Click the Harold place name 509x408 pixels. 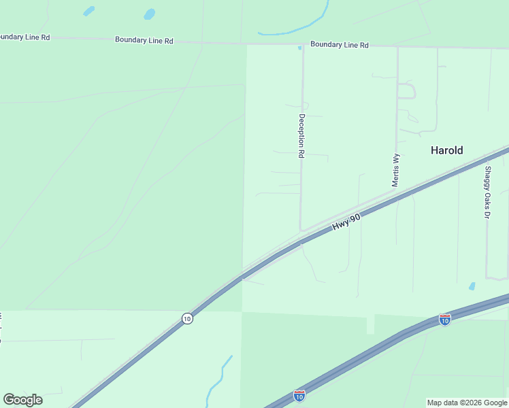pyautogui.click(x=446, y=150)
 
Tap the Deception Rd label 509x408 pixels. pyautogui.click(x=300, y=136)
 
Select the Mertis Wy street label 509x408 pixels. pyautogui.click(x=395, y=170)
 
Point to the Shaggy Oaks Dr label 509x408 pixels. pyautogui.click(x=487, y=192)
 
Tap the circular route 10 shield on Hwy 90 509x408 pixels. pyautogui.click(x=187, y=318)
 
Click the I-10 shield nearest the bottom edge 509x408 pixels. pyautogui.click(x=299, y=394)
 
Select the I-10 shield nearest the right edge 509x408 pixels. pyautogui.click(x=444, y=318)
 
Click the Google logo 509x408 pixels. pyautogui.click(x=22, y=400)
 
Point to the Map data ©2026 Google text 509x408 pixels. pyautogui.click(x=467, y=403)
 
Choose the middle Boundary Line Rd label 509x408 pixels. pyautogui.click(x=144, y=40)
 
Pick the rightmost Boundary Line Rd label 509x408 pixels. pyautogui.click(x=339, y=45)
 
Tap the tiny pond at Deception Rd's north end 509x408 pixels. pyautogui.click(x=299, y=48)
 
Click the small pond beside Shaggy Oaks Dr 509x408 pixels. pyautogui.click(x=472, y=286)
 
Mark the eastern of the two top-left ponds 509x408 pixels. pyautogui.click(x=149, y=14)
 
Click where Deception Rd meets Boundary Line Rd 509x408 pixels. pyautogui.click(x=303, y=46)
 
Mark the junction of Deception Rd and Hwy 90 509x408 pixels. pyautogui.click(x=301, y=231)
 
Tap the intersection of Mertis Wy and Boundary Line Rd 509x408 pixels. pyautogui.click(x=397, y=47)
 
